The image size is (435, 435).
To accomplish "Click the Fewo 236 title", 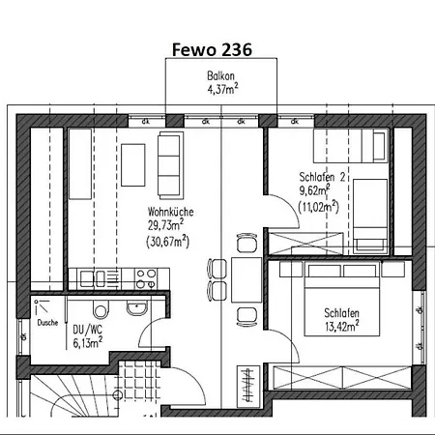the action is click(212, 50).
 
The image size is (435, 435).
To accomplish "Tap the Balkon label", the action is click(220, 76).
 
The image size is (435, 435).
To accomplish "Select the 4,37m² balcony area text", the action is click(223, 89).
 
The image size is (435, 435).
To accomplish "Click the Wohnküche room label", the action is click(171, 212).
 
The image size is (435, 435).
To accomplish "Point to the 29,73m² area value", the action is click(166, 225).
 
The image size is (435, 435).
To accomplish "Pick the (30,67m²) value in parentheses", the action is click(167, 242).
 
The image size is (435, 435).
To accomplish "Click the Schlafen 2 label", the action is click(322, 177).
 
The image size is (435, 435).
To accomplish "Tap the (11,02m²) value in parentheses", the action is click(319, 207).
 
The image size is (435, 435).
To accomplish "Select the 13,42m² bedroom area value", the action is click(342, 327).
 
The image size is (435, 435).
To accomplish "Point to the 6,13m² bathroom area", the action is click(88, 343).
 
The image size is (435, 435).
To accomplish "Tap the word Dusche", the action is click(47, 323).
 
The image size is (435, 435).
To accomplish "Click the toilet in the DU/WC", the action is click(101, 309).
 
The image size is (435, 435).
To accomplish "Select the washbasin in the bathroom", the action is click(136, 308).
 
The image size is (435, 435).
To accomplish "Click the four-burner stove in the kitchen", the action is click(146, 278).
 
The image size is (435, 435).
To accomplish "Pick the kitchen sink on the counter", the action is click(93, 278).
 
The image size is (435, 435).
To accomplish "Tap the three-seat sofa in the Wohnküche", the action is click(170, 165).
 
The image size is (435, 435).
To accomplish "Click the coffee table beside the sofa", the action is click(133, 165).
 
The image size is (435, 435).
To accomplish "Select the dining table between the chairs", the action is click(246, 279).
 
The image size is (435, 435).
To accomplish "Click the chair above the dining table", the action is click(247, 243).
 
